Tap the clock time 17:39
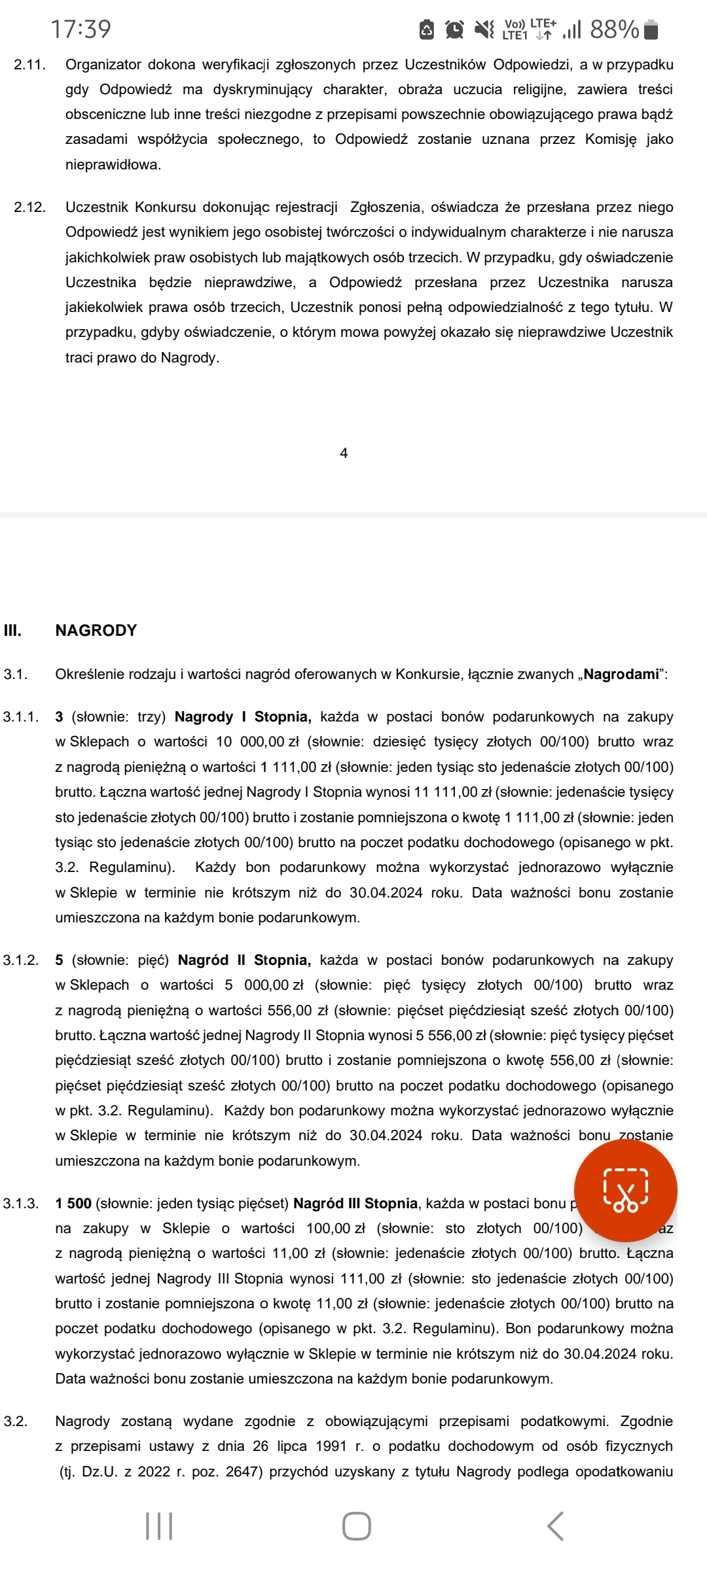tap(81, 29)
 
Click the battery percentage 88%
tap(614, 29)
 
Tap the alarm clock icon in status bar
tap(454, 29)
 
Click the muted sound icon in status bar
tap(484, 29)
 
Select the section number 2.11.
tap(29, 65)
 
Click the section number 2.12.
tap(29, 207)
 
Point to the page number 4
tap(344, 453)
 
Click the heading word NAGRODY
tap(96, 631)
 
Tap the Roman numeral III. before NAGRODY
tap(12, 631)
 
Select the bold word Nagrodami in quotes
tap(621, 674)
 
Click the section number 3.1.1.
tap(21, 717)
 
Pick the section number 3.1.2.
tap(21, 960)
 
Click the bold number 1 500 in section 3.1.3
tap(73, 1204)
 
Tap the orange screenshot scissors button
tap(625, 1190)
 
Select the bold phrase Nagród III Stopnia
tap(355, 1204)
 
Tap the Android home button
tap(357, 1526)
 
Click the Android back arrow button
tap(555, 1526)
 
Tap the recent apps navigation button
tap(159, 1526)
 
